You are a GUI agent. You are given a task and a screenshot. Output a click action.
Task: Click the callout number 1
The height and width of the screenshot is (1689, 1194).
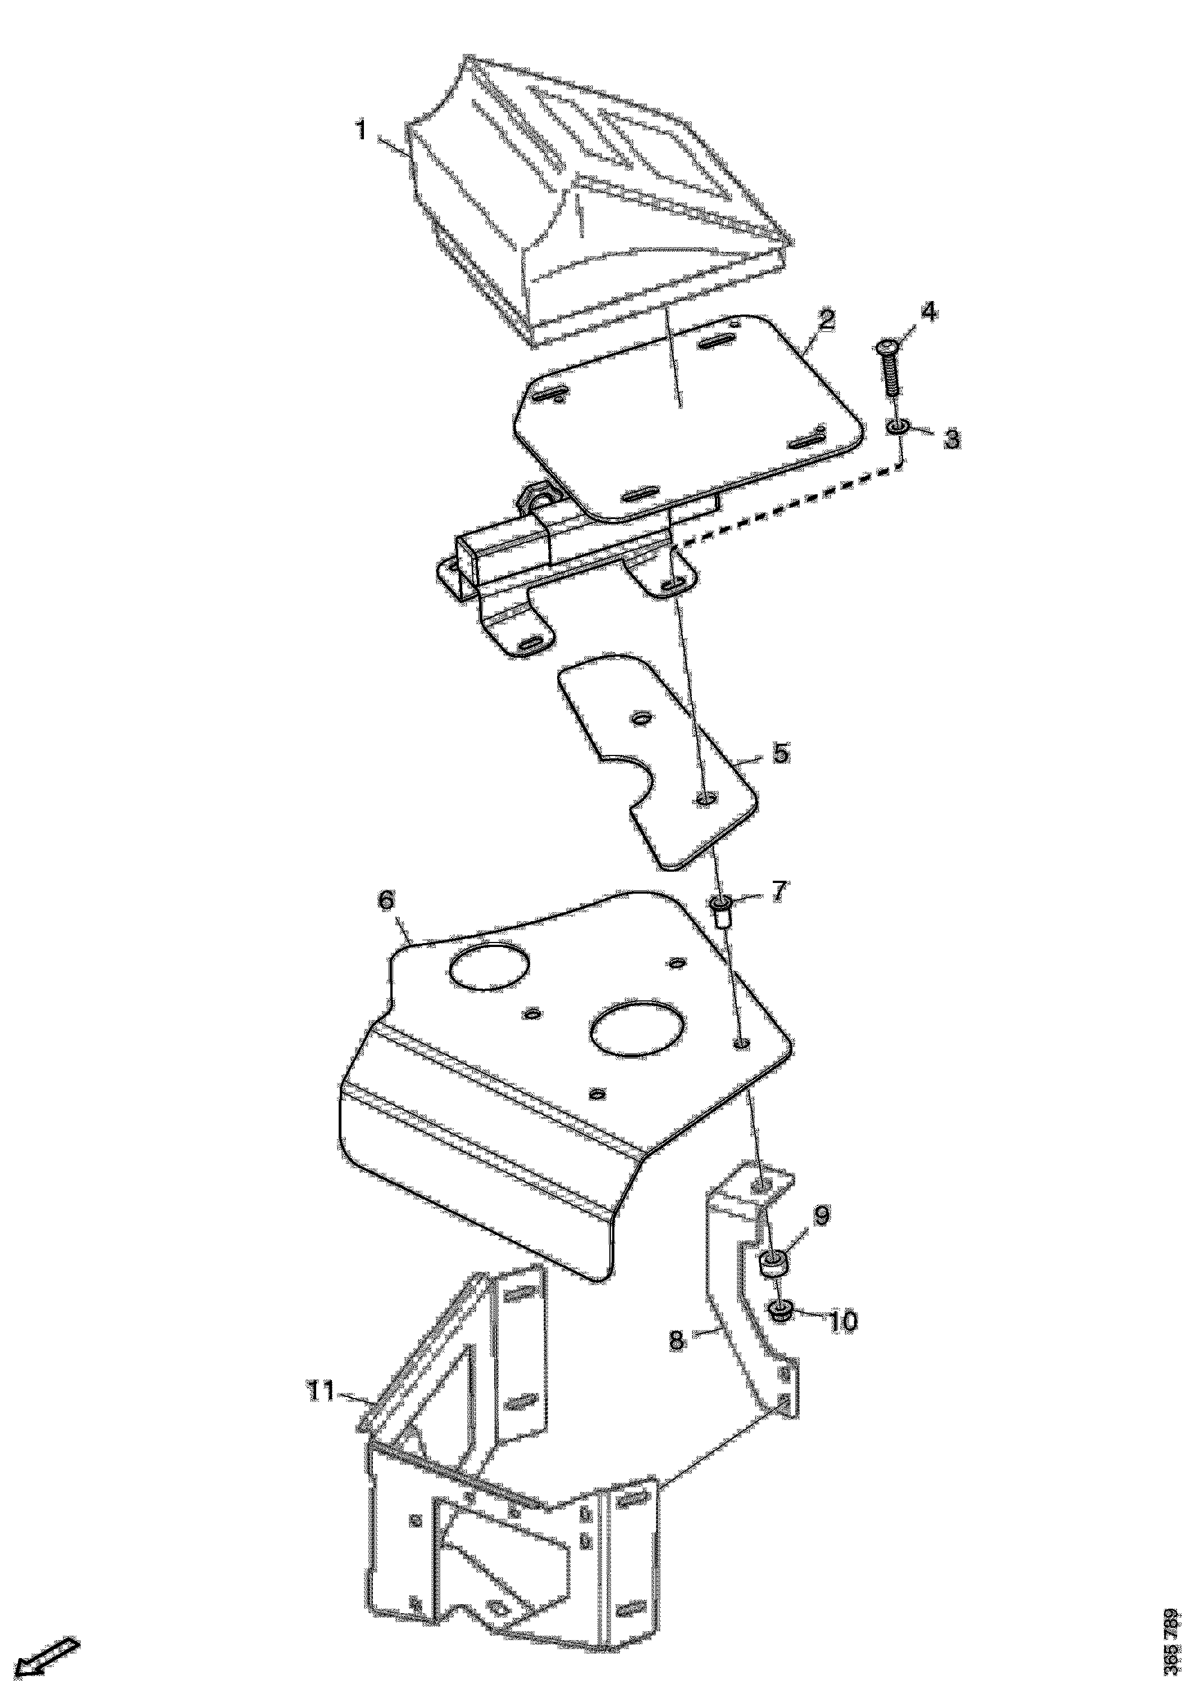pyautogui.click(x=361, y=131)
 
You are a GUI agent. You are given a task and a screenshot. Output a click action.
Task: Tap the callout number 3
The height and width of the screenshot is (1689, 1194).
pyautogui.click(x=951, y=439)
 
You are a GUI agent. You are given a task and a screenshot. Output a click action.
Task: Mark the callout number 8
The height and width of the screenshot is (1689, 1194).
pyautogui.click(x=677, y=1340)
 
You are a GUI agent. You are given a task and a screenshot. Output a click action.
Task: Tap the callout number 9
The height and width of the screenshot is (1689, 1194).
pyautogui.click(x=821, y=1215)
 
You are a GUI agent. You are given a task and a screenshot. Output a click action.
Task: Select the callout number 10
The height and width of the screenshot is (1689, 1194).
pyautogui.click(x=843, y=1321)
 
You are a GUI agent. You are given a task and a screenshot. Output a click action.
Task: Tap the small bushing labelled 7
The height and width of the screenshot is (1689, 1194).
pyautogui.click(x=721, y=910)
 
